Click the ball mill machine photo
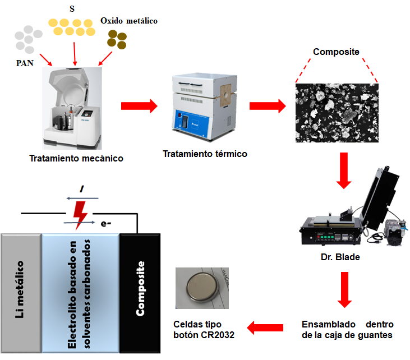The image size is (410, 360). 73,107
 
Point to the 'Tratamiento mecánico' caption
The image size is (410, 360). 76,159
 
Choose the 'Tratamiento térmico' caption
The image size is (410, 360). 205,154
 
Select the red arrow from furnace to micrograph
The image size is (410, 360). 266,105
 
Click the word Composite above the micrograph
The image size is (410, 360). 336,52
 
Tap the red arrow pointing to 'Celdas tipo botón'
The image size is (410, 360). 266,327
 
